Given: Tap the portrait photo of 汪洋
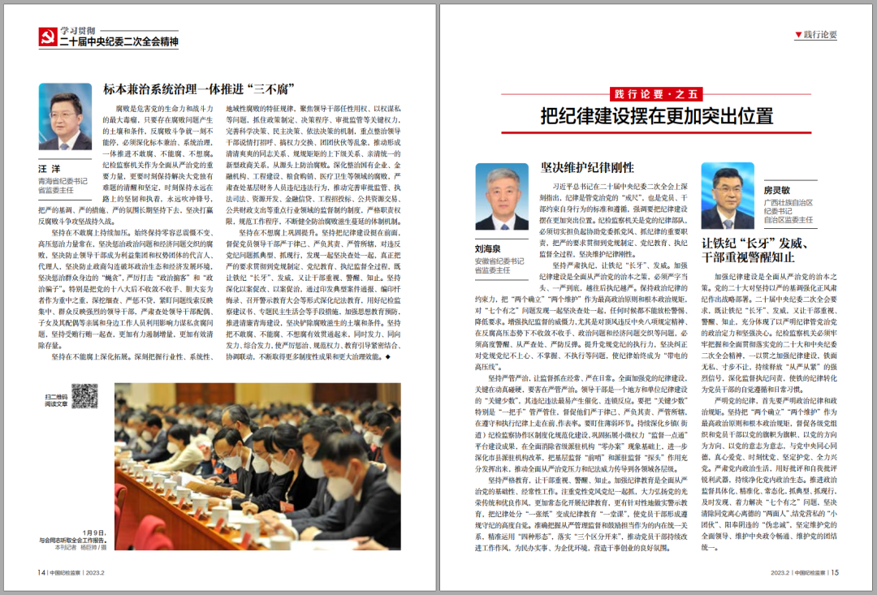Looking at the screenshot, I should click(x=65, y=117).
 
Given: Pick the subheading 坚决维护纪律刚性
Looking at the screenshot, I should click(x=587, y=168).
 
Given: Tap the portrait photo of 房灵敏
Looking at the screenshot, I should click(x=728, y=196).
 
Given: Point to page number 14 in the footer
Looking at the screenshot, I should click(x=41, y=571).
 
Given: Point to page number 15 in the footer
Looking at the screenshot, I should click(x=834, y=571).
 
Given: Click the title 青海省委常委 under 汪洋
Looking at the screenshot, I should click(x=63, y=181).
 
